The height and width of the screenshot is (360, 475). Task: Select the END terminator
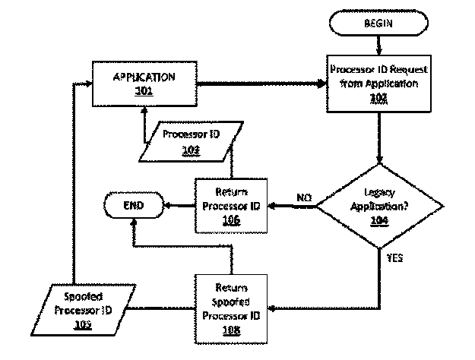(134, 205)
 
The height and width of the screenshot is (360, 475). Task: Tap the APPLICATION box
(144, 83)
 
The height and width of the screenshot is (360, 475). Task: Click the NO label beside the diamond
(304, 197)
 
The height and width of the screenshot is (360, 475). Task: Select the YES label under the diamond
(394, 258)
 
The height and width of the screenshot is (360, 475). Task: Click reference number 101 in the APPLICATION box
(144, 90)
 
